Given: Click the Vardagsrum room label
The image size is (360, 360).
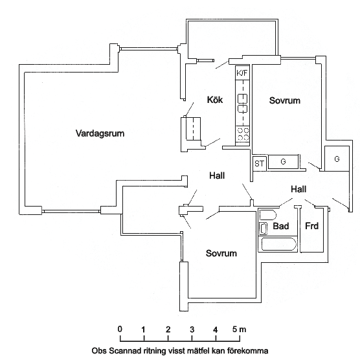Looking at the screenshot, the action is pyautogui.click(x=100, y=133).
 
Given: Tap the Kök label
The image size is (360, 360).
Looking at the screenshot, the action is pyautogui.click(x=215, y=100).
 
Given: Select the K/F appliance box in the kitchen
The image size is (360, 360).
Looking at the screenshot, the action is pyautogui.click(x=242, y=73).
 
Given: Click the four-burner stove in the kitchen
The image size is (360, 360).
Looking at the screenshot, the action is pyautogui.click(x=243, y=134).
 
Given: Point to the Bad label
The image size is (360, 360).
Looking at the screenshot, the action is pyautogui.click(x=281, y=226).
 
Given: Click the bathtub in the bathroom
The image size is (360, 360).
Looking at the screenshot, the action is pyautogui.click(x=278, y=244).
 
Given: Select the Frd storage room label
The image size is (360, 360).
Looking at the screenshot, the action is pyautogui.click(x=311, y=226).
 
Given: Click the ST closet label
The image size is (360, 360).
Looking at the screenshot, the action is pyautogui.click(x=260, y=164).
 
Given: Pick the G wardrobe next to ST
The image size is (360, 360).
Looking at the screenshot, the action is pyautogui.click(x=284, y=162).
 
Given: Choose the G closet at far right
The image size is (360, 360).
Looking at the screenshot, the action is pyautogui.click(x=337, y=159).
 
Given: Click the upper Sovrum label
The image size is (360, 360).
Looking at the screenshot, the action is pyautogui.click(x=285, y=100).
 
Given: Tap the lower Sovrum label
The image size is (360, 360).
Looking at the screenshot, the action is pyautogui.click(x=221, y=253).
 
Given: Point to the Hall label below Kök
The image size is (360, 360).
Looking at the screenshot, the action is pyautogui.click(x=217, y=175).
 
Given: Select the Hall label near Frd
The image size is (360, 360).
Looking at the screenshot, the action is pyautogui.click(x=298, y=189).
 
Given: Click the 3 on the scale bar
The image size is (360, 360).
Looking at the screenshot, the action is pyautogui.click(x=192, y=330).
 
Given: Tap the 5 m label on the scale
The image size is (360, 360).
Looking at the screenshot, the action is pyautogui.click(x=239, y=330).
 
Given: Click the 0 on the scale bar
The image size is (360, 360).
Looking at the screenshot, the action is pyautogui.click(x=120, y=329).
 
